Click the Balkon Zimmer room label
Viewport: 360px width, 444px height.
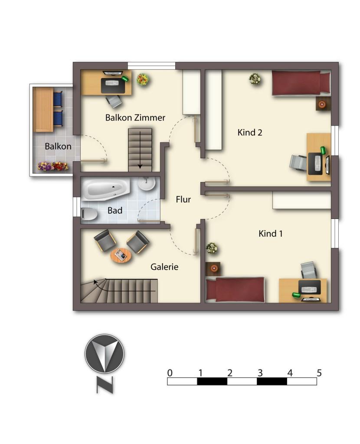pos(135,118)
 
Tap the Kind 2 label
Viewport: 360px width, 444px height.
pos(249,132)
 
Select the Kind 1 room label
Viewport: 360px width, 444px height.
pos(271,234)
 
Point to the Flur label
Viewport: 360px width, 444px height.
pos(183,199)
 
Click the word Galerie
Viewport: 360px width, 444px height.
pos(164,267)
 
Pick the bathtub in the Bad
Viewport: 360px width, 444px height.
pos(106,189)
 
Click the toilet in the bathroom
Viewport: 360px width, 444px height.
pos(89,214)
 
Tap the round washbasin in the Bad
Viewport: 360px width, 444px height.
pos(147,183)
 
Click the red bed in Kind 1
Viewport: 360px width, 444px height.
pos(235,290)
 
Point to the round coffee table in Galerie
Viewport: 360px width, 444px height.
pos(121,255)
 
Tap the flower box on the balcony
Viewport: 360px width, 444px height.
pos(53,166)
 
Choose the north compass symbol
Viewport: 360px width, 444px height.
pos(105,353)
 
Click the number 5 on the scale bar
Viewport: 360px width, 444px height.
pos(319,373)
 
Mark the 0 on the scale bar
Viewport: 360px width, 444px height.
pos(170,373)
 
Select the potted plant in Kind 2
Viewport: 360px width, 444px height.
pos(255,79)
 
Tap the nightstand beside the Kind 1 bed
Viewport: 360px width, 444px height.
pos(213,268)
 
